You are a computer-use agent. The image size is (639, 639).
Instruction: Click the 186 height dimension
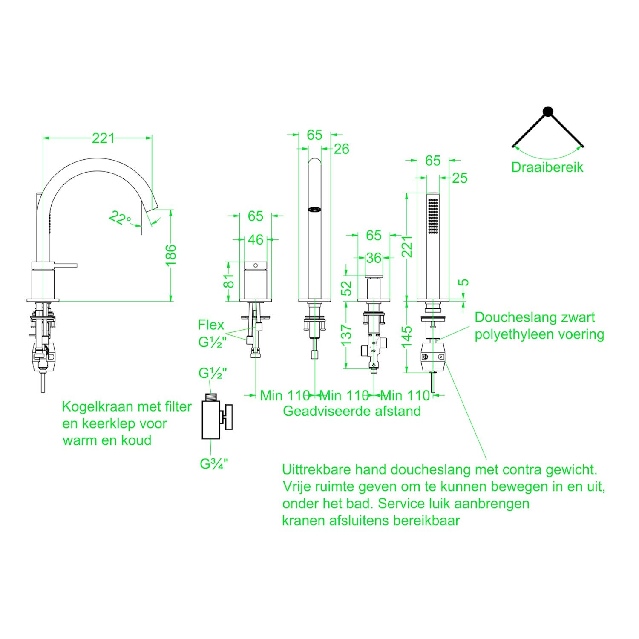170,255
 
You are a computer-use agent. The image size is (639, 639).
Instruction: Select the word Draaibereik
547,167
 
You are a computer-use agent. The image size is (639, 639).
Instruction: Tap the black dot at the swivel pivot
548,112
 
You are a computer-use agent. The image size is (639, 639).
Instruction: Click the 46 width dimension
256,240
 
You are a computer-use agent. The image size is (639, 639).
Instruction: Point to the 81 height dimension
229,281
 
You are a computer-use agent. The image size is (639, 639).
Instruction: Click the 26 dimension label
342,149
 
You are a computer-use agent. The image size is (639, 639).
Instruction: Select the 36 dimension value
374,258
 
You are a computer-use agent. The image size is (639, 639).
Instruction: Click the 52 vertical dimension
348,288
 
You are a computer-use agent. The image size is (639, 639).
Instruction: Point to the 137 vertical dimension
346,335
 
